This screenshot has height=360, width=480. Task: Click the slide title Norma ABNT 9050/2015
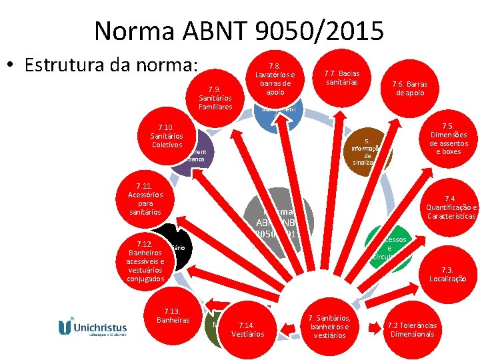(x=239, y=30)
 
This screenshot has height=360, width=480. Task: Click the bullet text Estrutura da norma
(x=111, y=65)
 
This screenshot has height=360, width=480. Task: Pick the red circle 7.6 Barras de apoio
(x=409, y=89)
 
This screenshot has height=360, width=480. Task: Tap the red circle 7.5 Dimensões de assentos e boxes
(x=445, y=139)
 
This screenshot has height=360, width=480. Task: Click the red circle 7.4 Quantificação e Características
(x=451, y=207)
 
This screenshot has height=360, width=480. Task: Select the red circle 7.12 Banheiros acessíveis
(x=145, y=261)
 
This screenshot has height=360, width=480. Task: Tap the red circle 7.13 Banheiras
(x=172, y=316)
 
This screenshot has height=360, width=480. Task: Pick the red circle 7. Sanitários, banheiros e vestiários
(x=329, y=326)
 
